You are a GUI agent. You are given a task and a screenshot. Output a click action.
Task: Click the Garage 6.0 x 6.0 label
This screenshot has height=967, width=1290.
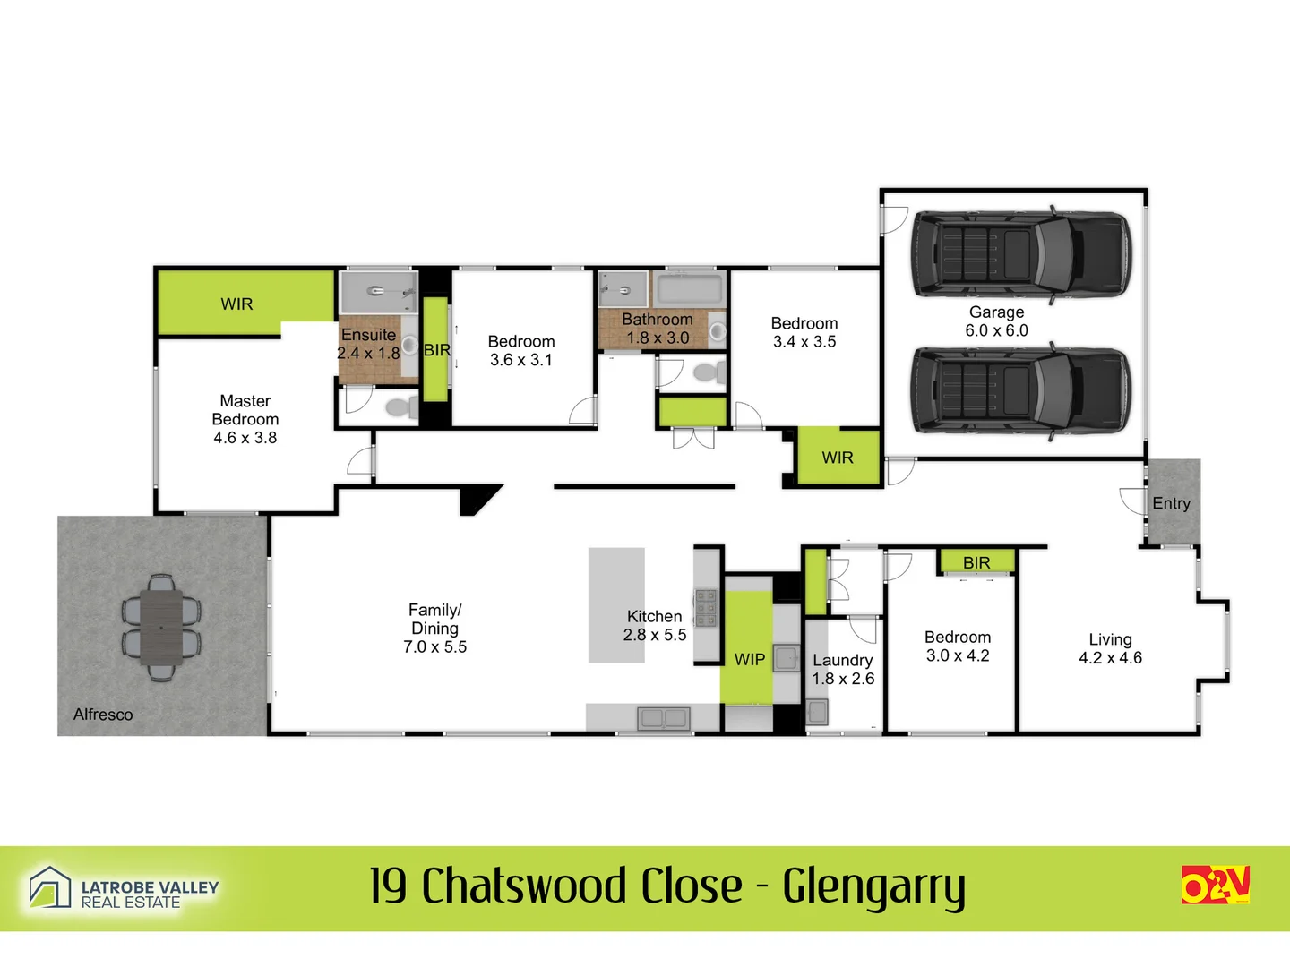[x=996, y=321]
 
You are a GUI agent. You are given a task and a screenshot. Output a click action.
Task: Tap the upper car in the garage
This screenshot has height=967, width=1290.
[x=1021, y=253]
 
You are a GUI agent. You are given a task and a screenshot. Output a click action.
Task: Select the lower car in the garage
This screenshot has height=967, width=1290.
[x=1021, y=390]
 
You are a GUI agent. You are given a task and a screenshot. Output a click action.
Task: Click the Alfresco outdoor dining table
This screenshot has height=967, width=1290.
[x=161, y=628]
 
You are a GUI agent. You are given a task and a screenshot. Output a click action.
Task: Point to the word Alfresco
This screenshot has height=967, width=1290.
[x=103, y=715]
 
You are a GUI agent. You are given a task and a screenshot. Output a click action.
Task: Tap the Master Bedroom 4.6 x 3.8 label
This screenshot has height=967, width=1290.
[x=245, y=419]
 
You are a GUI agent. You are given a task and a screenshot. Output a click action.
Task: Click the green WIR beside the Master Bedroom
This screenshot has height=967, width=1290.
[x=237, y=304]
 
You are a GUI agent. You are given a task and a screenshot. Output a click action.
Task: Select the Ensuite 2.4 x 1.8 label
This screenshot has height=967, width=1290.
[x=368, y=344]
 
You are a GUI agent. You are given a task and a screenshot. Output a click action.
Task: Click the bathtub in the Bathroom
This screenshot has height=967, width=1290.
[x=689, y=289]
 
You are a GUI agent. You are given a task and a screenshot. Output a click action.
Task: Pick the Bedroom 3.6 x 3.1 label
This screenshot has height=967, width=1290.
[x=520, y=351]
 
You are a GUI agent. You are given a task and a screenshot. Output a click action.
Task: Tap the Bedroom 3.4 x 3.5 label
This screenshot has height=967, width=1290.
[x=804, y=332]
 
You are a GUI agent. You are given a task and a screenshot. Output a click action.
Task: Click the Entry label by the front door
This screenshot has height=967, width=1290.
[x=1171, y=503]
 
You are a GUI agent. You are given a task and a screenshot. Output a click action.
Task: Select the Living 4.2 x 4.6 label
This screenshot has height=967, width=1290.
[x=1110, y=648]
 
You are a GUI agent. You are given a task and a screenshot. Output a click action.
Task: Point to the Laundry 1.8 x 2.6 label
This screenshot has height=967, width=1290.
[x=843, y=670]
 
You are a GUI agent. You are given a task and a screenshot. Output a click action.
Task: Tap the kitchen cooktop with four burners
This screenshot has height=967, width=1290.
[x=706, y=607]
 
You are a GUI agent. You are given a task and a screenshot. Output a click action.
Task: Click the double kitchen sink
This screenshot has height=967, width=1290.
[x=663, y=717]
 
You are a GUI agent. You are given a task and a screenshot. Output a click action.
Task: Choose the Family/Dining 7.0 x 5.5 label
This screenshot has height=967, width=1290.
[x=434, y=629]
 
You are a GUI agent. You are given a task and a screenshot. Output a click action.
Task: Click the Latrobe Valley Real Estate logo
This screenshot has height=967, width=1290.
[x=124, y=889]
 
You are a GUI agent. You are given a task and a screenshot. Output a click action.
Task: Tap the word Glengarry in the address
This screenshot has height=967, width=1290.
[x=873, y=886]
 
